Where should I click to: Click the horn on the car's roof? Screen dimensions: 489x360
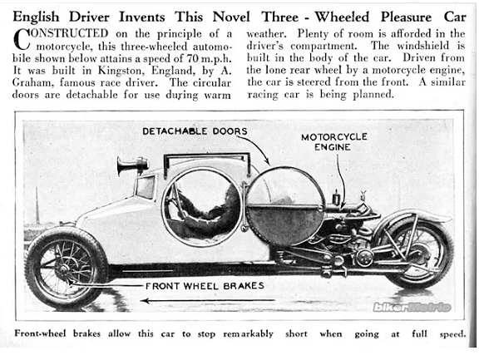132,165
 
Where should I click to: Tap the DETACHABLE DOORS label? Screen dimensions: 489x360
195,131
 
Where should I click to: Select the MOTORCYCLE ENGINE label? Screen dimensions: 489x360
333,142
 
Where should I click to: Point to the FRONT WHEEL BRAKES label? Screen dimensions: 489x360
205,286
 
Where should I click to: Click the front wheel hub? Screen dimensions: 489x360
65,268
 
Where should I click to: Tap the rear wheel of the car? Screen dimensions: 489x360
417,253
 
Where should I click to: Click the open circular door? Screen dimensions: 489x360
285,203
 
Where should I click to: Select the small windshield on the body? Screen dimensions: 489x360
145,187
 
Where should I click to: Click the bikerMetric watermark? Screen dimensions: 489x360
412,308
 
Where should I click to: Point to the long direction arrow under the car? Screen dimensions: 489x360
207,301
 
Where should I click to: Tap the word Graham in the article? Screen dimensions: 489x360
32,82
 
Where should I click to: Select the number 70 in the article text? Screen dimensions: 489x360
192,58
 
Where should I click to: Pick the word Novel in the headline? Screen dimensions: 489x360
231,17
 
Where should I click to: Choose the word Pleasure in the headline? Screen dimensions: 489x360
406,17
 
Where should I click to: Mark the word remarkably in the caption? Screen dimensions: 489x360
248,334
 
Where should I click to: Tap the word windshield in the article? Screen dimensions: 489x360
422,46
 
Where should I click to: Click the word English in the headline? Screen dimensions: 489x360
36,17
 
